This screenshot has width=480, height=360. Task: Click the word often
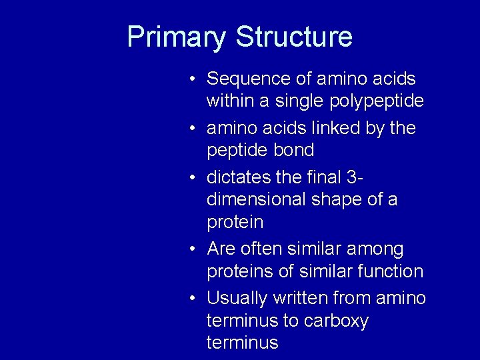[x=260, y=249]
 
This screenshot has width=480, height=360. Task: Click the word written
[x=304, y=298]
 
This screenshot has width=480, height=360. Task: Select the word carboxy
[x=336, y=321]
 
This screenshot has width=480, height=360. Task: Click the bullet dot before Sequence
[x=191, y=79]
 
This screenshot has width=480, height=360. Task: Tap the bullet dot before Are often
[x=191, y=249]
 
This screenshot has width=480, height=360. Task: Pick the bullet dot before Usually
[x=191, y=299]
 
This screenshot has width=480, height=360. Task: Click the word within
[x=227, y=101]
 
